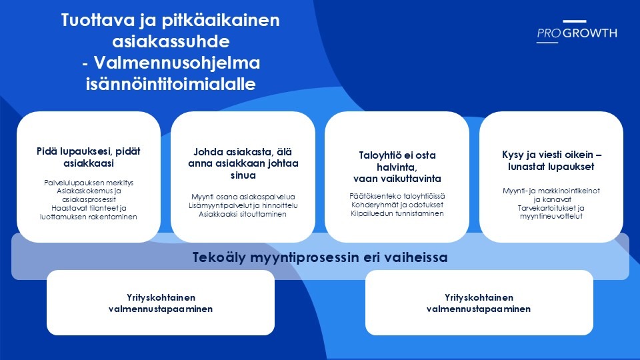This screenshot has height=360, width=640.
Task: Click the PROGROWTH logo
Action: click(x=577, y=31)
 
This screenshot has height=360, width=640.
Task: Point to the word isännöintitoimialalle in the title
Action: click(x=171, y=84)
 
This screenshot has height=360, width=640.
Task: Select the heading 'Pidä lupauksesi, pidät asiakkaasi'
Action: click(x=89, y=157)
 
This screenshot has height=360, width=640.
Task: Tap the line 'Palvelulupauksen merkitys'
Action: click(x=89, y=183)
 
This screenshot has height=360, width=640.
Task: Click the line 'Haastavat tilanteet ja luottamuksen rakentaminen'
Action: click(x=89, y=212)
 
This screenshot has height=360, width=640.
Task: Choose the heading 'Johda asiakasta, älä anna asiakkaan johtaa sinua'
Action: click(x=243, y=163)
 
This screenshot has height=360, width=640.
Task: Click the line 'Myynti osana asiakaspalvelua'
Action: click(x=243, y=197)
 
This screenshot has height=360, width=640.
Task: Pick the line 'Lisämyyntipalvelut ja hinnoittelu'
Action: click(x=243, y=205)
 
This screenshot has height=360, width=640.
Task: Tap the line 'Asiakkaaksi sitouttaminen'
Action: click(x=243, y=214)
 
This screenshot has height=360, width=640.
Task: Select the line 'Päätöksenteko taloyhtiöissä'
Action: click(x=397, y=196)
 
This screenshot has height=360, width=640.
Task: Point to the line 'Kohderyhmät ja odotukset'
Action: click(x=397, y=205)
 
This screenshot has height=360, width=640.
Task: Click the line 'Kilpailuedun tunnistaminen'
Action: click(x=397, y=213)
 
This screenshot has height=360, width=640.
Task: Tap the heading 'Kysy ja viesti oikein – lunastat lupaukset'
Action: click(x=551, y=161)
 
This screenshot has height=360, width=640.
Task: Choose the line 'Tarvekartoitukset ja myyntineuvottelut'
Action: click(x=551, y=212)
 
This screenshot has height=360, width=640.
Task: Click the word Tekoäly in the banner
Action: click(x=219, y=257)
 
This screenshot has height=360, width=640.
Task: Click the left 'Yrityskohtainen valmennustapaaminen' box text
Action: click(x=161, y=303)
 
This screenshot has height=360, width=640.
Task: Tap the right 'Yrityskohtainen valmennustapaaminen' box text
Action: click(x=479, y=303)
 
